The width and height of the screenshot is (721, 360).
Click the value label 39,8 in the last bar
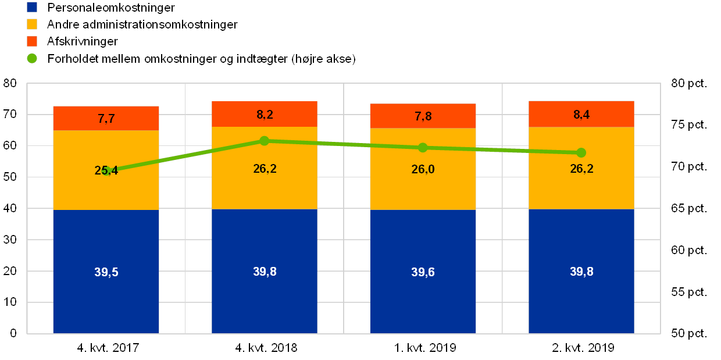click(581, 272)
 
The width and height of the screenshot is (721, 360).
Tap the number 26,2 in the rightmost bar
click(581, 169)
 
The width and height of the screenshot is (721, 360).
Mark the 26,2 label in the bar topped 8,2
click(265, 169)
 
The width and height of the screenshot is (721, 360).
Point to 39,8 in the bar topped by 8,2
click(265, 272)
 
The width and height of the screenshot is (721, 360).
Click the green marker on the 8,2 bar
click(265, 141)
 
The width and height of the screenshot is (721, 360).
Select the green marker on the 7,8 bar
click(423, 148)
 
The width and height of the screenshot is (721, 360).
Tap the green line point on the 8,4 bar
click(581, 153)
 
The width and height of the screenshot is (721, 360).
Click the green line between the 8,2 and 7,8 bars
click(343, 144)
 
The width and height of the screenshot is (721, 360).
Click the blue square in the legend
click(32, 8)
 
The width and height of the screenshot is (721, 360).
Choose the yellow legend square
click(32, 24)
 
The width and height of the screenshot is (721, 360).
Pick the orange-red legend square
click(32, 41)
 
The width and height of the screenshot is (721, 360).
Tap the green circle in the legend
click(32, 58)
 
